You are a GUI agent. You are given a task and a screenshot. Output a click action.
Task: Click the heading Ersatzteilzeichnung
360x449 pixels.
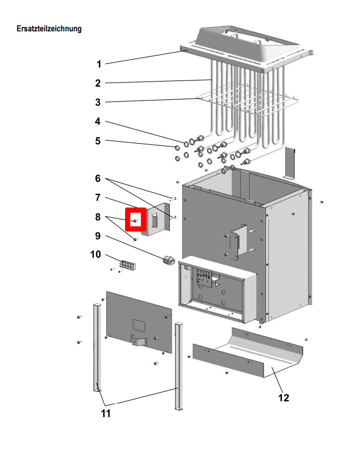click(49, 29)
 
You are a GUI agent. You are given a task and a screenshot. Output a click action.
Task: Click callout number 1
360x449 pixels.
click(98, 64)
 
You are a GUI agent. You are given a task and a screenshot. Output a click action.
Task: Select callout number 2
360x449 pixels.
click(98, 83)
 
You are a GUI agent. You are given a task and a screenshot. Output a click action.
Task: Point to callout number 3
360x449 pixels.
click(98, 102)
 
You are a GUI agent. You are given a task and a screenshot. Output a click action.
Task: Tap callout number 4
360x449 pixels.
click(98, 121)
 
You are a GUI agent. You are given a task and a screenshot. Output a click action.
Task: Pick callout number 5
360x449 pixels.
click(98, 141)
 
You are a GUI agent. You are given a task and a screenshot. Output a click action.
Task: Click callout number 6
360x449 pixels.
click(98, 178)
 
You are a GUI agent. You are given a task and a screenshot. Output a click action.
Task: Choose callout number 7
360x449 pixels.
click(98, 198)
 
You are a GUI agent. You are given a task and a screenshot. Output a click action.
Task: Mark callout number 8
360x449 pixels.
click(98, 217)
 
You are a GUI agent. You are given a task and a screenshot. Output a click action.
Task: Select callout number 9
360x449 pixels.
click(98, 236)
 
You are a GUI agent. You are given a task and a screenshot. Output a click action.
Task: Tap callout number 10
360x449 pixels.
click(96, 255)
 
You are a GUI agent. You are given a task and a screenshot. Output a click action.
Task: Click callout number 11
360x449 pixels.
click(106, 414)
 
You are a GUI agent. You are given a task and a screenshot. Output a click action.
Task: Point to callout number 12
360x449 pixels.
click(283, 398)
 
